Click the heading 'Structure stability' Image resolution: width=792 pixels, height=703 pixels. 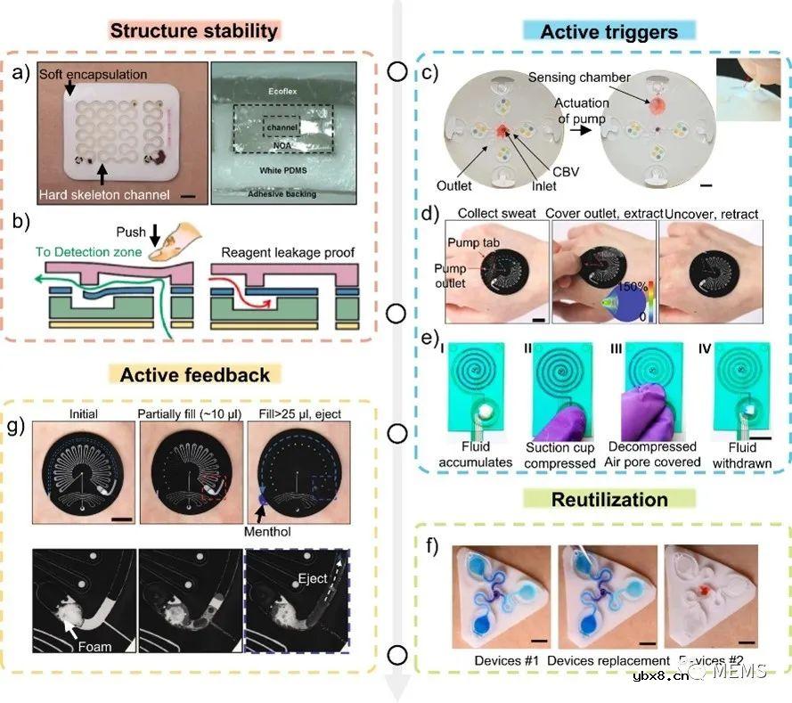[x=194, y=31]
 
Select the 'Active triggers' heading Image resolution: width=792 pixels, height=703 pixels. [x=608, y=32]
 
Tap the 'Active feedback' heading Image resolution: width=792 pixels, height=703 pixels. [x=194, y=373]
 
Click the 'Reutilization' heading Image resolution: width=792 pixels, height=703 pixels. [x=610, y=499]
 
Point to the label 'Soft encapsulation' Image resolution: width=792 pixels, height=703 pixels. [x=93, y=72]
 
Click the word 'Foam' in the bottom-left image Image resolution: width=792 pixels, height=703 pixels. [x=94, y=646]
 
